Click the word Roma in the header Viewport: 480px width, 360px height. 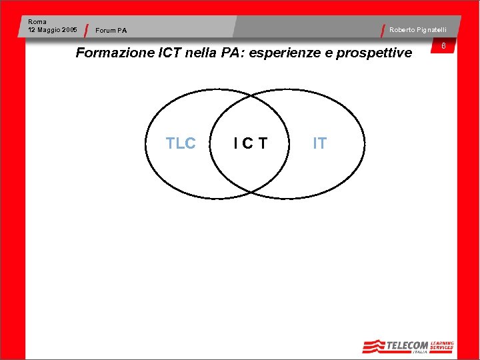(x=37, y=22)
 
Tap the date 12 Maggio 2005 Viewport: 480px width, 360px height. (x=53, y=30)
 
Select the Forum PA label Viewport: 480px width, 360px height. (x=111, y=31)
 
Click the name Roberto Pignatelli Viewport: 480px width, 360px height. (x=418, y=30)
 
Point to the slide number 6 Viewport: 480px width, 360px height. (x=443, y=46)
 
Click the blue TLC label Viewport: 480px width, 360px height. (x=181, y=143)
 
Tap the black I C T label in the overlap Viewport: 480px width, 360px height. (x=250, y=143)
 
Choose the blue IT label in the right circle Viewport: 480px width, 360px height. (x=320, y=143)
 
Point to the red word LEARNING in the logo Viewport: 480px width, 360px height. (x=442, y=343)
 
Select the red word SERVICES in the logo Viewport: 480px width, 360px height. (x=442, y=348)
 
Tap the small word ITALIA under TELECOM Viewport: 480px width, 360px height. (x=419, y=352)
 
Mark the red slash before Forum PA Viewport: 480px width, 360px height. (x=88, y=31)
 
